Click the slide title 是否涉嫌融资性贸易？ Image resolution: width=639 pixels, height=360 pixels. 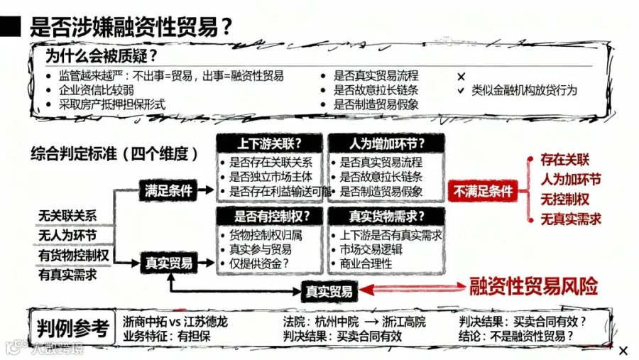click(x=131, y=26)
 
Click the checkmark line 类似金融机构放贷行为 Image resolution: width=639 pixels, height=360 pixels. click(x=524, y=90)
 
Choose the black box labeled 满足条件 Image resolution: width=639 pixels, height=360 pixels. click(x=169, y=190)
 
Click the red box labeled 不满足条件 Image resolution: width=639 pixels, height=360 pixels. click(x=483, y=190)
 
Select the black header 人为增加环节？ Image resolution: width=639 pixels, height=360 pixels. click(x=387, y=143)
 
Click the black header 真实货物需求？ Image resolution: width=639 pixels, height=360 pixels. click(x=387, y=215)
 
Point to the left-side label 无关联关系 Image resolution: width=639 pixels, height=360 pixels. click(x=68, y=216)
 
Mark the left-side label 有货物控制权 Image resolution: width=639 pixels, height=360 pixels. click(x=74, y=255)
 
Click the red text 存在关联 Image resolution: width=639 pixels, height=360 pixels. click(x=565, y=160)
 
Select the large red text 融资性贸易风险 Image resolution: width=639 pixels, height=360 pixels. click(x=534, y=286)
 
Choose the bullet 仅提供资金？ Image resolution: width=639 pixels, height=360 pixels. click(x=259, y=263)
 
